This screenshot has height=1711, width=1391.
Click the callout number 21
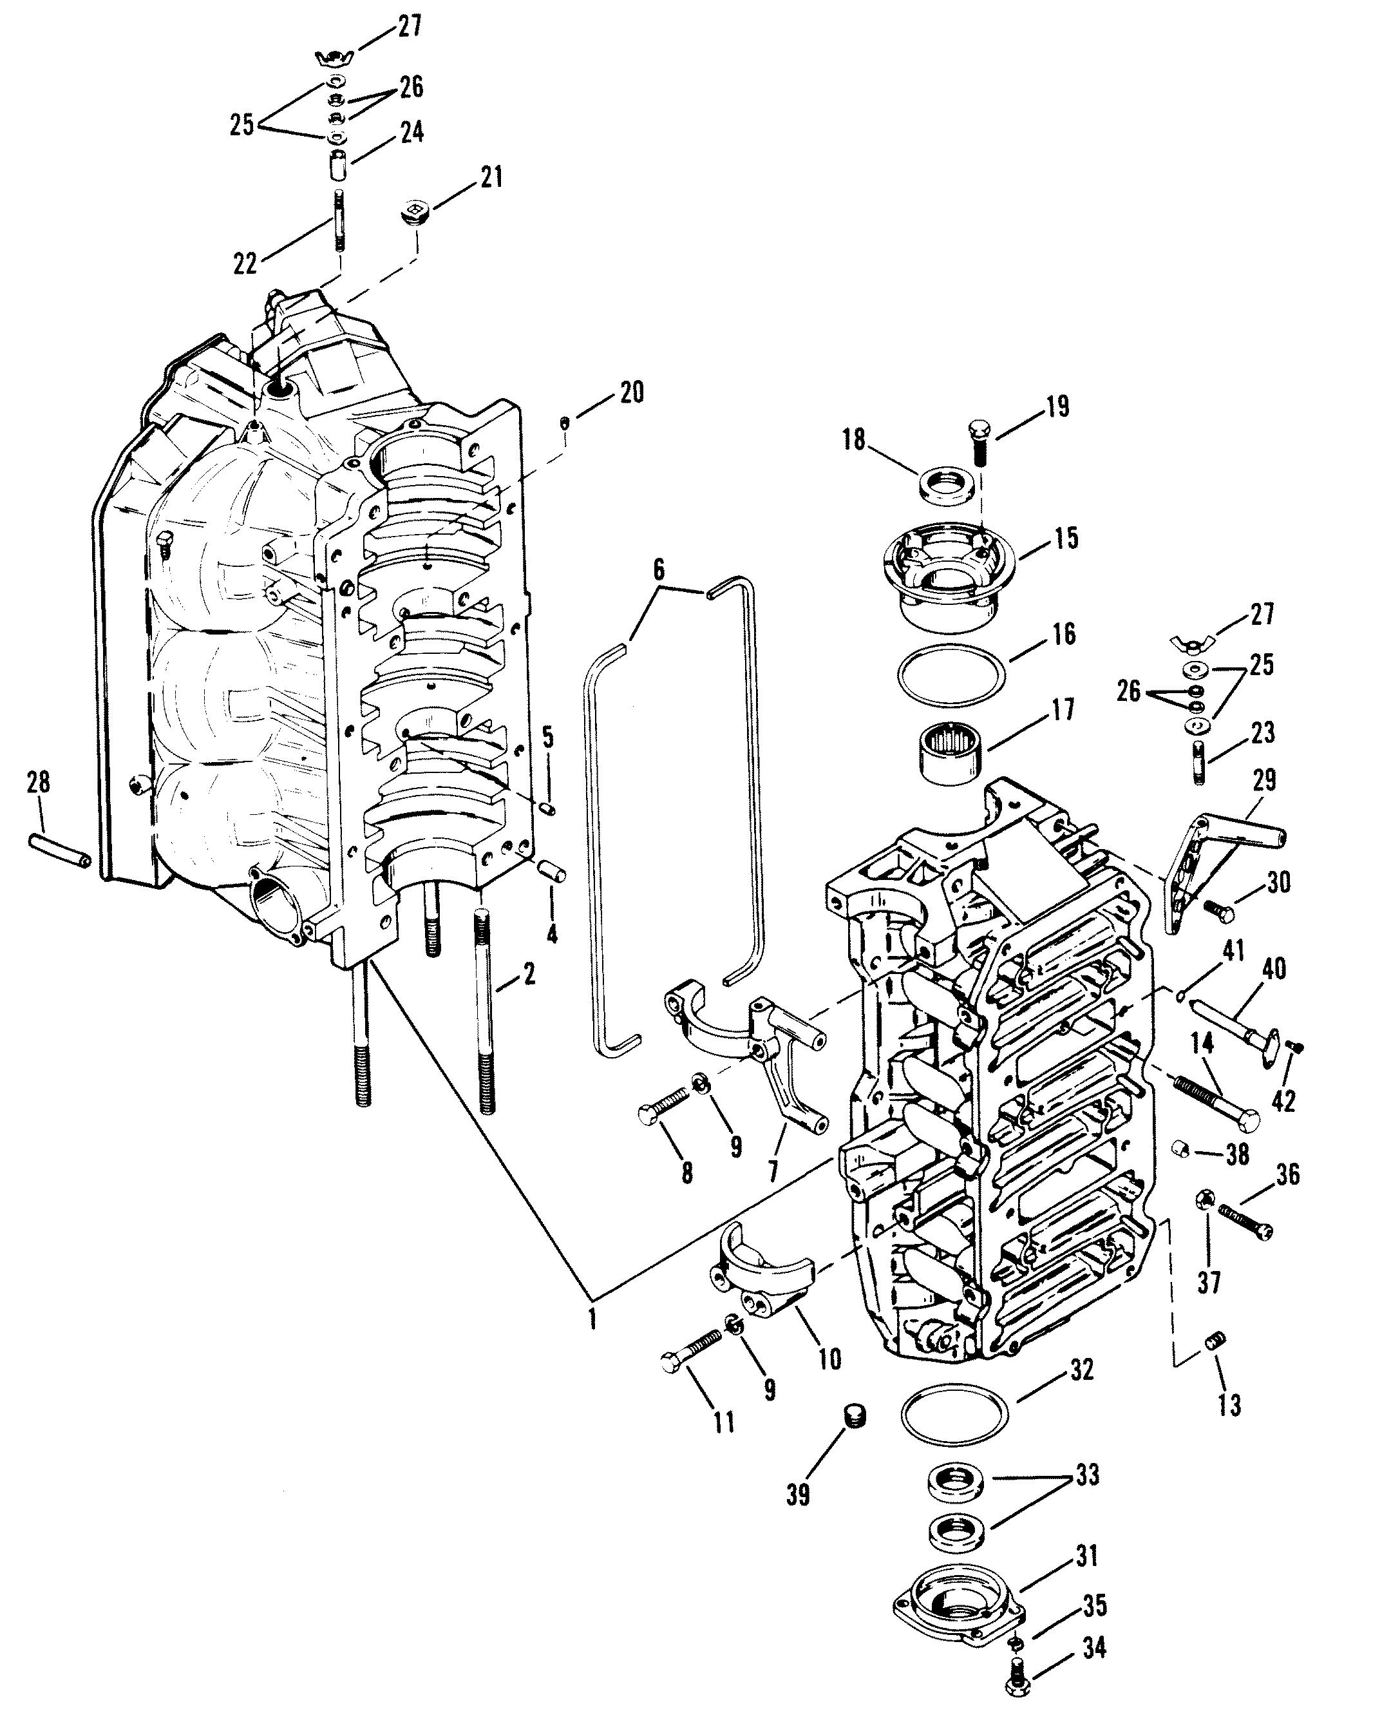(x=491, y=177)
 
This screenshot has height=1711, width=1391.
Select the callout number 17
(x=1063, y=710)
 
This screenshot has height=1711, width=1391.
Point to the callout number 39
(x=798, y=1495)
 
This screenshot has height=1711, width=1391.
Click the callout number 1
(x=592, y=1319)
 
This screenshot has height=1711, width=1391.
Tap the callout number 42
(x=1283, y=1102)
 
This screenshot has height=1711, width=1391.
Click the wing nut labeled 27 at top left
(x=335, y=58)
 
